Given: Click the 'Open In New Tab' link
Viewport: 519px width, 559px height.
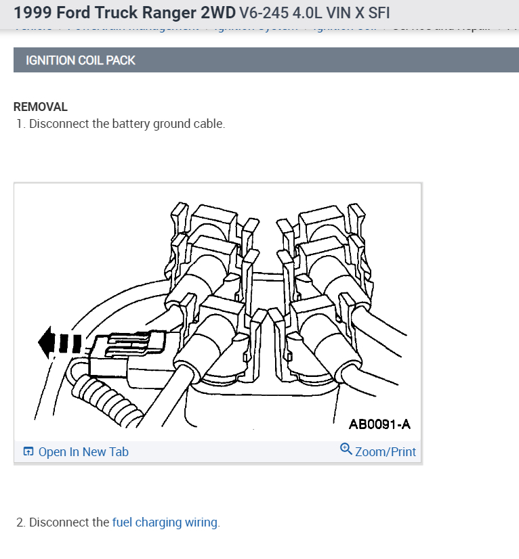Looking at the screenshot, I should (83, 452).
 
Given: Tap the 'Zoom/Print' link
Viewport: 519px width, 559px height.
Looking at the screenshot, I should (385, 451).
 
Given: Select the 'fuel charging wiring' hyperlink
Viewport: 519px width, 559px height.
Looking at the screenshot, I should (165, 522).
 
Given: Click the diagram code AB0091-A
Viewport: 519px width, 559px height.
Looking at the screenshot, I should (379, 424).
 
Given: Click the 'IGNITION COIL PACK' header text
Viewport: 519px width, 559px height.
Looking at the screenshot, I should (81, 60).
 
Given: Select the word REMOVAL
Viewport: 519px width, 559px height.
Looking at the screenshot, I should (41, 107).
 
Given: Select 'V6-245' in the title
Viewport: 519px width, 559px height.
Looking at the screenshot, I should (259, 13).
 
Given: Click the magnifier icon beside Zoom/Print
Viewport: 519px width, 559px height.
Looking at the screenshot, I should (346, 450).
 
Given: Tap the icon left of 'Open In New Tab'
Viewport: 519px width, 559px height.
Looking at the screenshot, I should (28, 452).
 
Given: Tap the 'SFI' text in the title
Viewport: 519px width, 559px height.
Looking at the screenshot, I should (378, 13).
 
